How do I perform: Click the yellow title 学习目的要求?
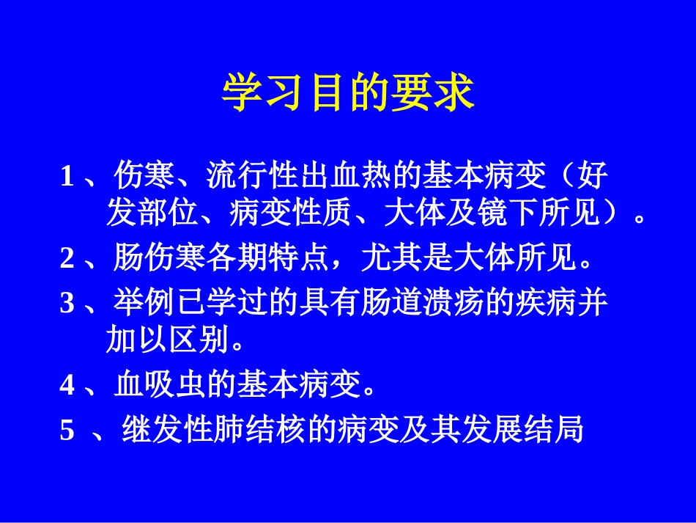pyautogui.click(x=348, y=95)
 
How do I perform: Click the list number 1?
pyautogui.click(x=67, y=177)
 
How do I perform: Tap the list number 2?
pyautogui.click(x=67, y=258)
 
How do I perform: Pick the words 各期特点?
pyautogui.click(x=267, y=258)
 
